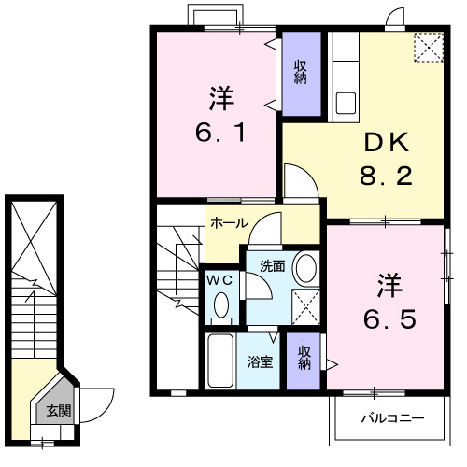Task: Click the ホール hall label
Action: click(229, 223)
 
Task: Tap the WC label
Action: click(220, 279)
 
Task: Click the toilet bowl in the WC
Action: click(222, 304)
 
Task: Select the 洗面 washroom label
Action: click(272, 265)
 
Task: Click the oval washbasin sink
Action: click(304, 268)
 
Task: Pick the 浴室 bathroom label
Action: click(261, 361)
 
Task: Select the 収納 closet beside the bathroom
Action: click(304, 357)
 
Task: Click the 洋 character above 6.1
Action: click(221, 95)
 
